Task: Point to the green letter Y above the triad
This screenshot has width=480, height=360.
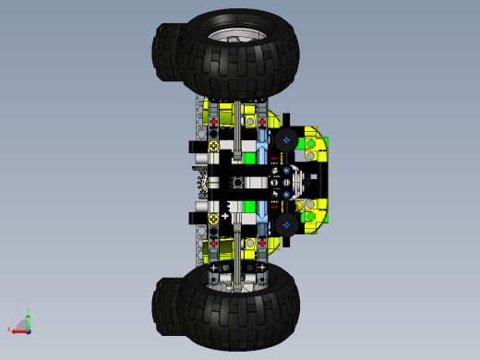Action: (29, 311)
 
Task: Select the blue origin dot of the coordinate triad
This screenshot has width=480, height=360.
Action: (28, 329)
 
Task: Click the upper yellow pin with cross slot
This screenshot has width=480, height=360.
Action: (214, 146)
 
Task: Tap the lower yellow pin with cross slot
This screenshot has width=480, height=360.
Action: (214, 219)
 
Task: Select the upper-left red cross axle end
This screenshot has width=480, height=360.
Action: (214, 122)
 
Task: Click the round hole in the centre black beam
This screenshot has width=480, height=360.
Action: (236, 182)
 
